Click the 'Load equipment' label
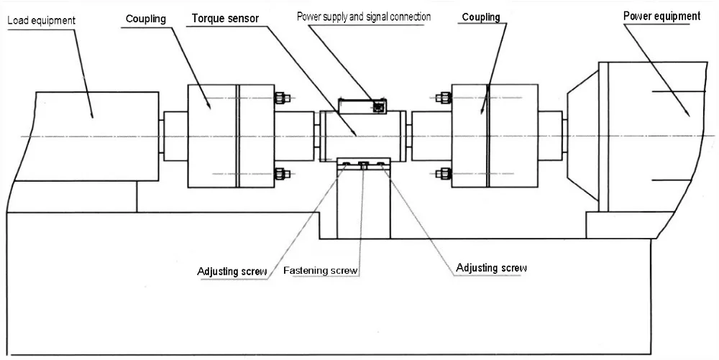click(x=41, y=21)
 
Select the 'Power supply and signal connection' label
click(x=364, y=17)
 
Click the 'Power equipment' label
click(x=661, y=16)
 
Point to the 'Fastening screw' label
click(x=321, y=271)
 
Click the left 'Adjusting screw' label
click(x=232, y=272)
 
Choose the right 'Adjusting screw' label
click(x=492, y=268)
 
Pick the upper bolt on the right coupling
click(x=443, y=98)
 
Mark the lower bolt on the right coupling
click(x=443, y=173)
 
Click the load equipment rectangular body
click(x=86, y=136)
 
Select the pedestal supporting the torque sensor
click(x=364, y=205)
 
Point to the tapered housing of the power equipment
click(x=582, y=137)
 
